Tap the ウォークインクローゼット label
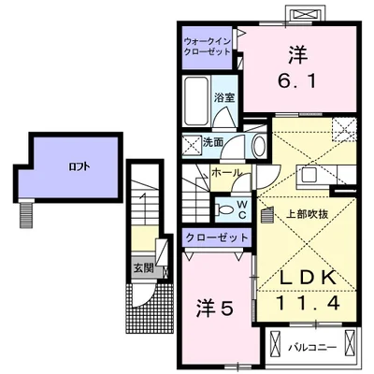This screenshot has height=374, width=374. tap(208, 47)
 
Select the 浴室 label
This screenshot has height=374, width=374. tap(224, 97)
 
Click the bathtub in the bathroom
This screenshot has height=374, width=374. tap(196, 100)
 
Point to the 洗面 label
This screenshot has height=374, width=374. tap(213, 142)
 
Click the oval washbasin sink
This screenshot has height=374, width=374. tap(259, 146)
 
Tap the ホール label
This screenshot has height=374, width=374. tap(226, 173)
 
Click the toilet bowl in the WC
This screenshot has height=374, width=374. tap(224, 209)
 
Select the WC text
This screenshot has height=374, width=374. tap(242, 209)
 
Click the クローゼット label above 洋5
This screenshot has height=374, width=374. tap(217, 238)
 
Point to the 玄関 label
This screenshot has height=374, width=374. tap(143, 267)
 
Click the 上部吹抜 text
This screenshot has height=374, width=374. tap(307, 214)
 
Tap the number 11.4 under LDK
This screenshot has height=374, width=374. tap(308, 303)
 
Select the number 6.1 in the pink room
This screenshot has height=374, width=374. tap(297, 81)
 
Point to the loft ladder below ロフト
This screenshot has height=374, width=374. tap(27, 215)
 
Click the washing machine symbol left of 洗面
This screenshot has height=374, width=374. tap(192, 145)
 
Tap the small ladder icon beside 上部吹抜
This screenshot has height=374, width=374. tap(267, 215)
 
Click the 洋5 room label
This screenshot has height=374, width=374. tap(214, 309)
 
